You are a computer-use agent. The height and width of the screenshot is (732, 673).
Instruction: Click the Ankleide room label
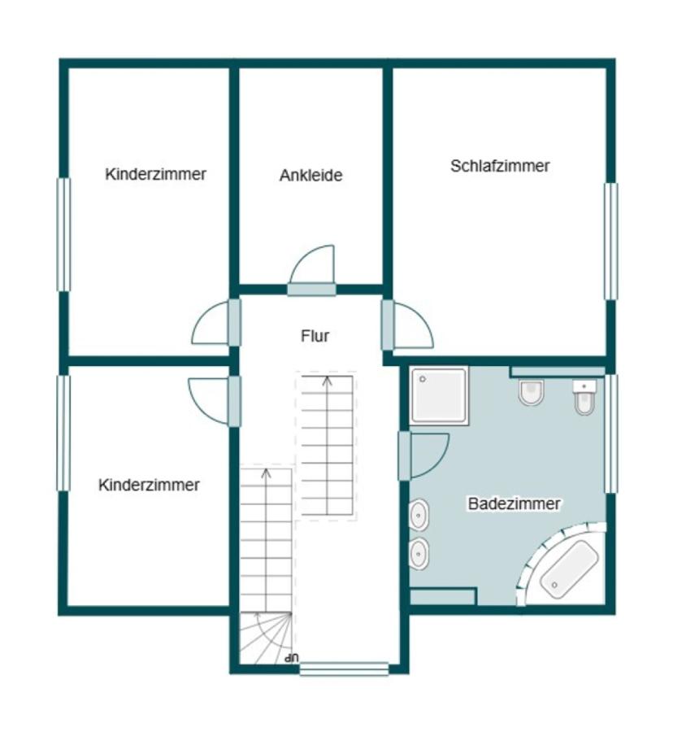[x=311, y=175]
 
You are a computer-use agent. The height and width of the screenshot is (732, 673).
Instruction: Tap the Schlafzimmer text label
[x=500, y=166]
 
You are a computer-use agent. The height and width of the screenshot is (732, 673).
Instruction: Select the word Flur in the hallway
[x=315, y=336]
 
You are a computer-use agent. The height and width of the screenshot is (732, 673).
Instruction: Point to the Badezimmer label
[x=514, y=503]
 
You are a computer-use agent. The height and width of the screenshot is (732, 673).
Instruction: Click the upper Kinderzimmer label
[x=156, y=174]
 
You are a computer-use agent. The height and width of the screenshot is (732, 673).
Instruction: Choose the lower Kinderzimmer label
[x=149, y=485]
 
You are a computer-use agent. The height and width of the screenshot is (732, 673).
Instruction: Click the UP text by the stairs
[x=292, y=658]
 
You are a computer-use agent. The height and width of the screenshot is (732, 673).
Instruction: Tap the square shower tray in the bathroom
[x=438, y=395]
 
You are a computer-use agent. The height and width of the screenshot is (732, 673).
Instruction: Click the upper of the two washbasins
[x=419, y=515]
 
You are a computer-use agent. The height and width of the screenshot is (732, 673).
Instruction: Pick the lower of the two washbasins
[x=419, y=554]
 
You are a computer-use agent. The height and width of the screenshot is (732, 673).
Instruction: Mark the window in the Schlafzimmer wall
[x=610, y=242]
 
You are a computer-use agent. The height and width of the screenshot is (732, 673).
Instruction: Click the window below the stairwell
[x=344, y=669]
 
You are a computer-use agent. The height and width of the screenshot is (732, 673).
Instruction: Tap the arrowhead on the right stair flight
[x=328, y=380]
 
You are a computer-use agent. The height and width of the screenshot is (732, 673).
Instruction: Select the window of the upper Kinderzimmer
[x=63, y=234]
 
